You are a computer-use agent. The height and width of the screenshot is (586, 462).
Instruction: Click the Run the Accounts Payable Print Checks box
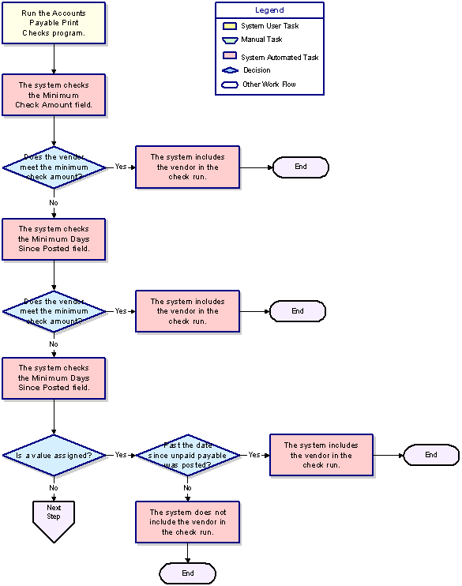54,23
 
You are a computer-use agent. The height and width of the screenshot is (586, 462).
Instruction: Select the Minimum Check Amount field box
54,95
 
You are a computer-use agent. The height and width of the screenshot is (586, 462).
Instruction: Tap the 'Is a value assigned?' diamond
54,455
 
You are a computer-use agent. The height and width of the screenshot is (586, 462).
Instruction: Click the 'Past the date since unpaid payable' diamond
188,455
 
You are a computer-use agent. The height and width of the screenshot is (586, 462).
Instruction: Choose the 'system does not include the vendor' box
188,522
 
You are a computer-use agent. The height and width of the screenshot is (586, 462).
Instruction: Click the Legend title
269,10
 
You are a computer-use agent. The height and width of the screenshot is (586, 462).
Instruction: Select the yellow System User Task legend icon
230,26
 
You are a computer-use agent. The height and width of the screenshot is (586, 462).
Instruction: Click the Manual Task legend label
261,39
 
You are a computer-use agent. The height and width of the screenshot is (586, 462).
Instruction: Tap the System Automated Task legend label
280,57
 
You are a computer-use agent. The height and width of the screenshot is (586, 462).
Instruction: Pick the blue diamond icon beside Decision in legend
230,70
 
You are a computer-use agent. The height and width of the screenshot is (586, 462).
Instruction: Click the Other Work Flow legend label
269,84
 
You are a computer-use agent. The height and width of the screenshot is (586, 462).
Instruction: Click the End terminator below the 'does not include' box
188,573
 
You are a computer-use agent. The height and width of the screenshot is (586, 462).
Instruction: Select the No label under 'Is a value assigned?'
54,488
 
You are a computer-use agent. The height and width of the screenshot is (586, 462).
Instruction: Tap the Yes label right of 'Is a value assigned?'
121,454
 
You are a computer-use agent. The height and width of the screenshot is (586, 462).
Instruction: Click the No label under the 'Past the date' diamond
187,488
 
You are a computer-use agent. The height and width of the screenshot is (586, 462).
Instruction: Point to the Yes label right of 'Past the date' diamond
254,454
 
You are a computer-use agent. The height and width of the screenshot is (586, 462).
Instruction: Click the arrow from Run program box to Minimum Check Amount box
54,59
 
